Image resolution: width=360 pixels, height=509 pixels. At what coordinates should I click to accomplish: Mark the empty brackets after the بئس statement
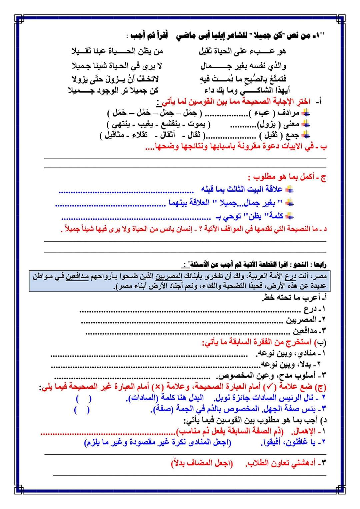(x=82, y=410)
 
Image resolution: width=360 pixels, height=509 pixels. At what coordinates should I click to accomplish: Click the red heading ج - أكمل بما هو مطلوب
(x=286, y=177)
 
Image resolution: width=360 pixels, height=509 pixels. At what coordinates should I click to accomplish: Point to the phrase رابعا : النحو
(x=307, y=265)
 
